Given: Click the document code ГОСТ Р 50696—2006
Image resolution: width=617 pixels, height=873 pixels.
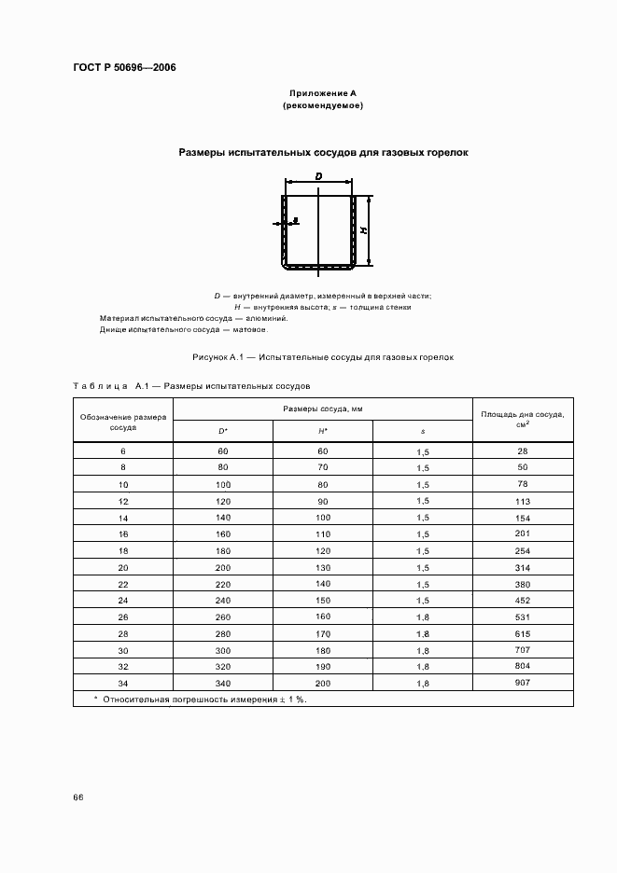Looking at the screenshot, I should (124, 68).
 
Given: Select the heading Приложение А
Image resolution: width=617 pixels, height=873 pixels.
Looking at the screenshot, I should (322, 93).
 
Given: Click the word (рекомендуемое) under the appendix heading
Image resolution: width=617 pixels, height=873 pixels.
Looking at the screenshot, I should (322, 106).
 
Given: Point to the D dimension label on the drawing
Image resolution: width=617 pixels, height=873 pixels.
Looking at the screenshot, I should (318, 175).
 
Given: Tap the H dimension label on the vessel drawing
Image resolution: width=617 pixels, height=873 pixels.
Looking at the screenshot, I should (363, 230).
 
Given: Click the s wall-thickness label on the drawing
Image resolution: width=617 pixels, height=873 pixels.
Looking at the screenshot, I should (295, 222).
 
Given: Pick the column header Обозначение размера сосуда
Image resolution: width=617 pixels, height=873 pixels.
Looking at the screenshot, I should (122, 422).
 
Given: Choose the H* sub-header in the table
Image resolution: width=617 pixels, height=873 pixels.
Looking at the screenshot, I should (322, 431).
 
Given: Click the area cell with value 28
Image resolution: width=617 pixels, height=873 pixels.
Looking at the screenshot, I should (522, 451).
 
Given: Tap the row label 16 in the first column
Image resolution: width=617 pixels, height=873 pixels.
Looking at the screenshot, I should (122, 534).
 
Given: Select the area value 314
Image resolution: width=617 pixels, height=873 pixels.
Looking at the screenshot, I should (522, 567).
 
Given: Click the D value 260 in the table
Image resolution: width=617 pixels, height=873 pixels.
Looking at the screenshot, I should (223, 617).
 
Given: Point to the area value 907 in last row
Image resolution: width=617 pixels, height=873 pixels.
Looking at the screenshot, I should (522, 684).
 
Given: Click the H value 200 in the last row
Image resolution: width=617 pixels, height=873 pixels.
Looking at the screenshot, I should (322, 684).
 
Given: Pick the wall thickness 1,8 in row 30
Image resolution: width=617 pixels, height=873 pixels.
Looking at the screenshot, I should (423, 651).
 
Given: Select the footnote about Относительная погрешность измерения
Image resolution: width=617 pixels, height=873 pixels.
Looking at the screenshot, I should (205, 699).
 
